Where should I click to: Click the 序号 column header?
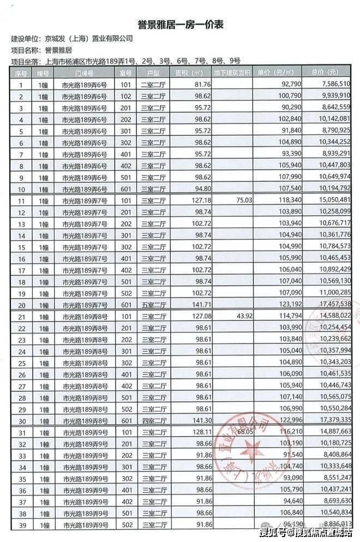click(21, 72)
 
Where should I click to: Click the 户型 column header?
click(152, 72)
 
